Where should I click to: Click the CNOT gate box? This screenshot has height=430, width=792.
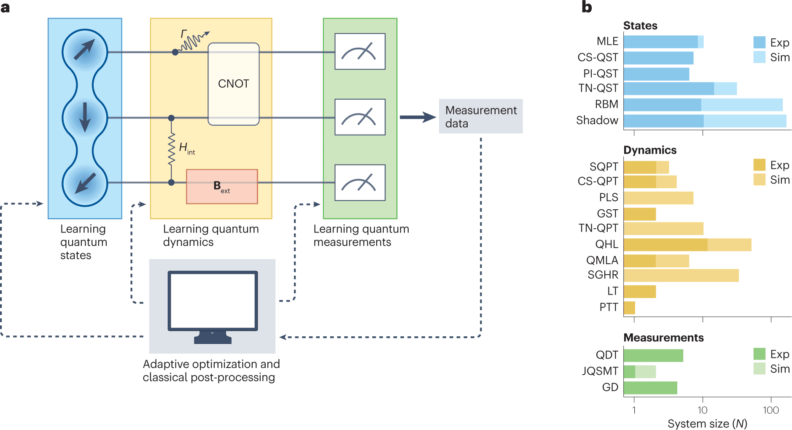pos(233,84)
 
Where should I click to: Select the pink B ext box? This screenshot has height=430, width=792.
pos(222,187)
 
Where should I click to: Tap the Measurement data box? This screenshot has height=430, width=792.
pos(480,116)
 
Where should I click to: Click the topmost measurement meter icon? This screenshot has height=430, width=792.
pos(360,51)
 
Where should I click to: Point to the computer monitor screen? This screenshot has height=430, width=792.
pos(213,300)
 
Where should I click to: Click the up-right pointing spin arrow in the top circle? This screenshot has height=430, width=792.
pos(84,50)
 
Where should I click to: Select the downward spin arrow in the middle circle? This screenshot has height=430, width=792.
pos(85,117)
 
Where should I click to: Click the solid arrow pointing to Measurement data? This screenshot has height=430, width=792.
pos(417,117)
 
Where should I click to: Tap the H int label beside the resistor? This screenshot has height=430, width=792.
pos(186,148)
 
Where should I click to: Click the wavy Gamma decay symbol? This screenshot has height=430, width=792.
pos(193,40)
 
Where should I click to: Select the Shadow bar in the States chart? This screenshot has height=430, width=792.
pos(704,121)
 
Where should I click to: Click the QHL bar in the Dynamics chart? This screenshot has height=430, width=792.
pos(687,245)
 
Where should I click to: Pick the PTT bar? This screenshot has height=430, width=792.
pos(629,308)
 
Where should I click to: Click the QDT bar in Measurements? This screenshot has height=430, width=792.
pos(653,355)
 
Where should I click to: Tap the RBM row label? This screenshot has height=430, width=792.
pos(606,104)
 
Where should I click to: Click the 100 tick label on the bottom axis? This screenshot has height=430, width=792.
pos(770,410)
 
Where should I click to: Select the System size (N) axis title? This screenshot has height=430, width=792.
pos(707,424)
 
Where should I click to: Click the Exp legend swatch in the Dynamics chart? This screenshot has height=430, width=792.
pos(759,165)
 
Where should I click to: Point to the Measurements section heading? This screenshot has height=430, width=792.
pos(663,338)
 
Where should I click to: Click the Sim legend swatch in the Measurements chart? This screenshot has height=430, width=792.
pos(759,369)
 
